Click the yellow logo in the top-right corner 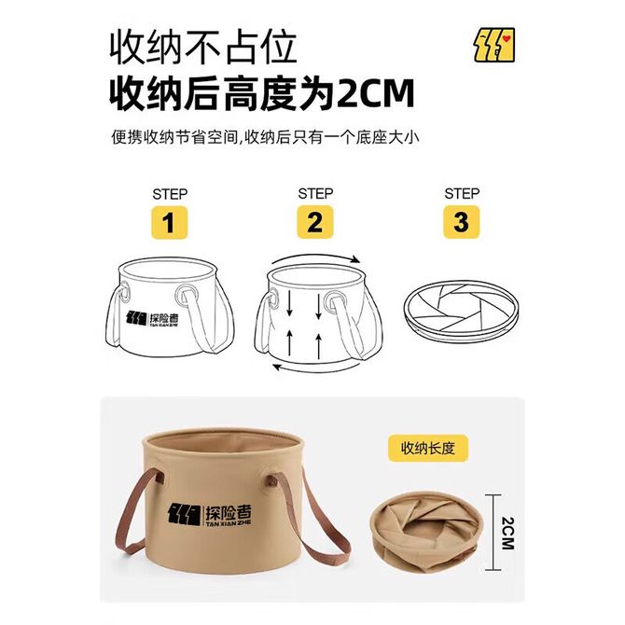tap(494, 45)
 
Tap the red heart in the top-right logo tap(507, 38)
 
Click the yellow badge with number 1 tap(170, 222)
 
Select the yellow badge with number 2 tap(315, 222)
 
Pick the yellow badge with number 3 tap(462, 222)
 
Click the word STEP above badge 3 tap(462, 194)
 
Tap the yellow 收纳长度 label tap(428, 448)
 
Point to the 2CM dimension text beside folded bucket tap(507, 534)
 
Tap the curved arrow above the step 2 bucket tap(315, 257)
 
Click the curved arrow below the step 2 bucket tap(315, 368)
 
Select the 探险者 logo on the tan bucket tap(210, 515)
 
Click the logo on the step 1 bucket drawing tap(152, 319)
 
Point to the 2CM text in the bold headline tap(376, 93)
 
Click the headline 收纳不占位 tap(203, 47)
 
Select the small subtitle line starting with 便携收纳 tap(265, 137)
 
